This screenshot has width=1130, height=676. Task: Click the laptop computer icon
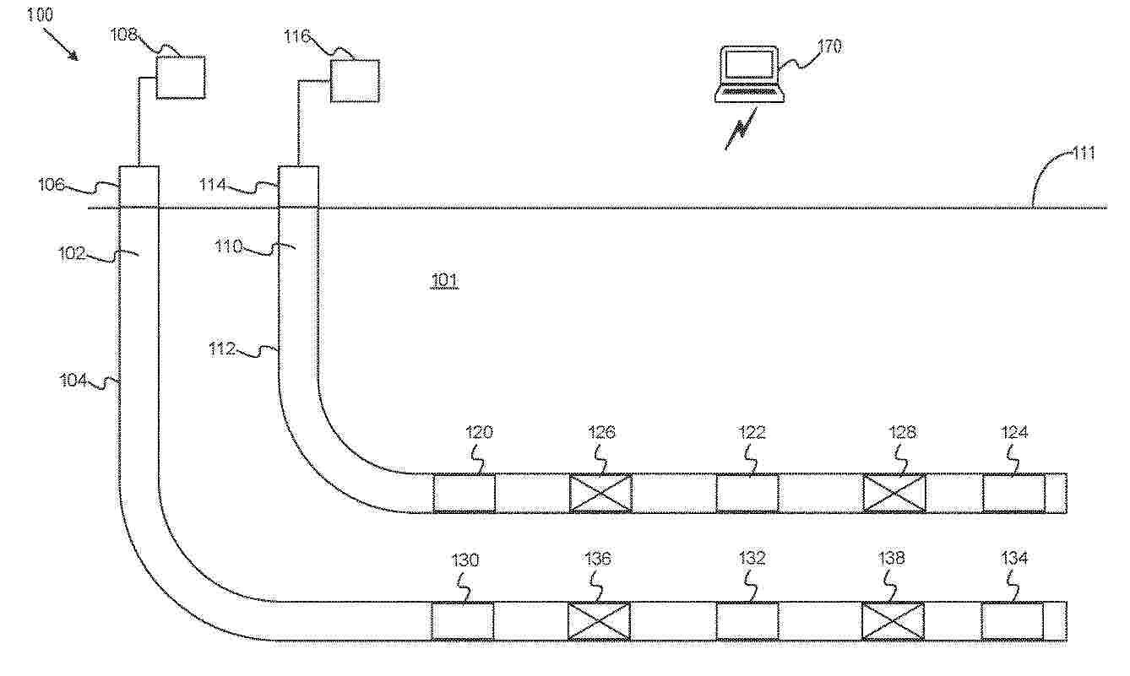pyautogui.click(x=750, y=74)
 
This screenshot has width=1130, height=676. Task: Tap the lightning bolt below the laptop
pyautogui.click(x=741, y=129)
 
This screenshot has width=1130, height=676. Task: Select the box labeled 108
pyautogui.click(x=181, y=77)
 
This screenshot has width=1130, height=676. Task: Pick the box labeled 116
pyautogui.click(x=355, y=81)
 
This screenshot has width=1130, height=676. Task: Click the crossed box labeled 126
pyautogui.click(x=600, y=493)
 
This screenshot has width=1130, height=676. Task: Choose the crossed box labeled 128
pyautogui.click(x=894, y=493)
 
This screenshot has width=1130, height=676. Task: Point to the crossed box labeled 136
pyautogui.click(x=600, y=621)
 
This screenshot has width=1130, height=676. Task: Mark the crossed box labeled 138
pyautogui.click(x=893, y=621)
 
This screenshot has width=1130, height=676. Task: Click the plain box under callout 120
pyautogui.click(x=464, y=493)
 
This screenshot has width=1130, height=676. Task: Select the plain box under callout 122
pyautogui.click(x=747, y=493)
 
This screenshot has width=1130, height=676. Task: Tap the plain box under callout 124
pyautogui.click(x=1014, y=493)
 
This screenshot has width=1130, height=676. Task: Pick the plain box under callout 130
pyautogui.click(x=463, y=621)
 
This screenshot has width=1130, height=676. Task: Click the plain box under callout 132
pyautogui.click(x=747, y=621)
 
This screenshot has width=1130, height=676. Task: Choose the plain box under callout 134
pyautogui.click(x=1013, y=621)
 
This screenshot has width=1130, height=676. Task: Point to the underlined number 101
pyautogui.click(x=444, y=280)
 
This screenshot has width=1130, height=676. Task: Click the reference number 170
pyautogui.click(x=829, y=46)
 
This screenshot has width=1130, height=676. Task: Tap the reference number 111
pyautogui.click(x=1083, y=153)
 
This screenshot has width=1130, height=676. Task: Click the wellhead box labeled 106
pyautogui.click(x=139, y=187)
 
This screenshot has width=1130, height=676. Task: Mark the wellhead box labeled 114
pyautogui.click(x=299, y=187)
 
